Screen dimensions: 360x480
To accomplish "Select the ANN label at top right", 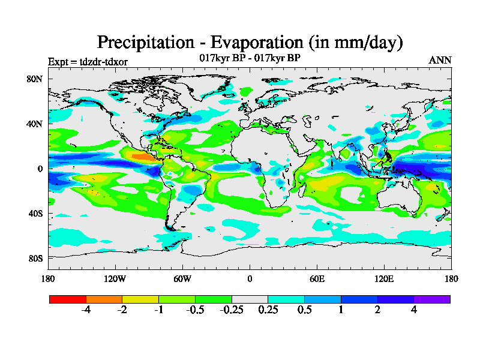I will (x=440, y=60).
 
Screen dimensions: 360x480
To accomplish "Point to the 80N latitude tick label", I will (x=34, y=79).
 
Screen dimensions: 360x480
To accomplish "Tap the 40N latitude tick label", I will (x=34, y=124).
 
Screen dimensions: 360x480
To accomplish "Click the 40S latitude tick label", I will (x=34, y=214).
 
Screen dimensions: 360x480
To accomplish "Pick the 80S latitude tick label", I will (x=34, y=259).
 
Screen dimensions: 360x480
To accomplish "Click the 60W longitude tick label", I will (x=182, y=278).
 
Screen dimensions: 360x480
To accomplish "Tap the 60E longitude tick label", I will (x=317, y=278).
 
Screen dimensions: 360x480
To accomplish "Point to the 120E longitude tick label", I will (x=384, y=278).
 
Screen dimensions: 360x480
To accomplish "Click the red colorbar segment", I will (x=68, y=299).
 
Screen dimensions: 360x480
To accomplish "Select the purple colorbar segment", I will (x=432, y=299).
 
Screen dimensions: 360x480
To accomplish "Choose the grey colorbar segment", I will (x=250, y=299).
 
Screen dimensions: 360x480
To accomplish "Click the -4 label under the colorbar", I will (x=86, y=310).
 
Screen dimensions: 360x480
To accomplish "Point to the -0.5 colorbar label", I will (x=195, y=310).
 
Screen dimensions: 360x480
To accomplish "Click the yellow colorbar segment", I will (x=140, y=299).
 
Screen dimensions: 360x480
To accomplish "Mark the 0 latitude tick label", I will (x=40, y=169).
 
